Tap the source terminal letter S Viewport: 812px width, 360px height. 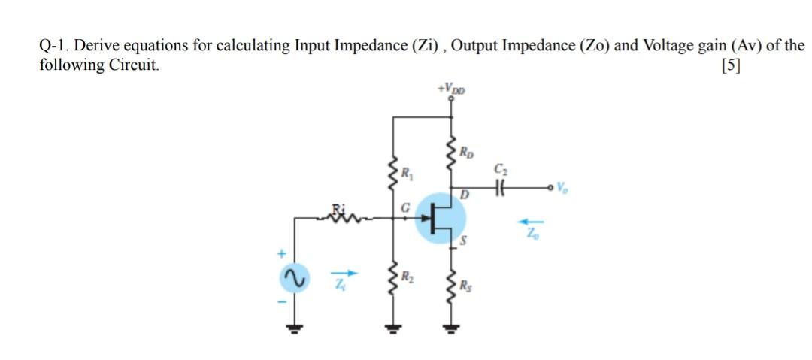(x=464, y=241)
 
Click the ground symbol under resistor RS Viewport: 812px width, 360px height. (x=451, y=328)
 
